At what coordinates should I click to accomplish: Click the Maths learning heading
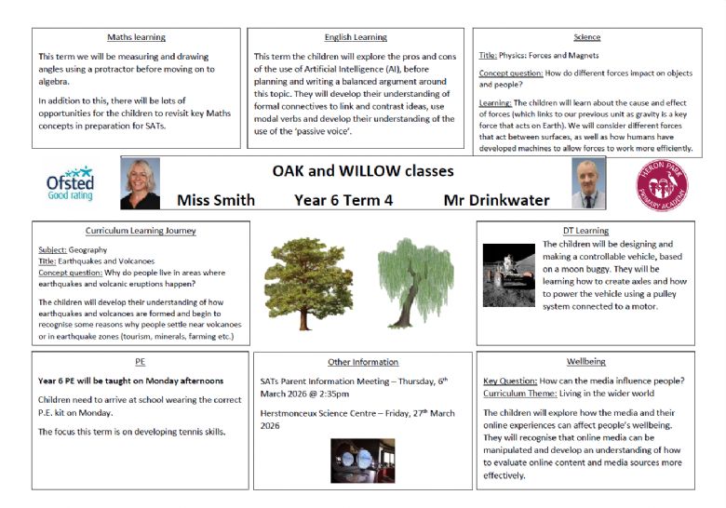(137, 37)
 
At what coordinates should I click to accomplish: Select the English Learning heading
(356, 37)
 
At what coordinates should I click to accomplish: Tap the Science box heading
(586, 37)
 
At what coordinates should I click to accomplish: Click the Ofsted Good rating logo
(70, 183)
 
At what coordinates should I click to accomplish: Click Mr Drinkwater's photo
(587, 183)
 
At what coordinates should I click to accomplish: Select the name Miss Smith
(215, 200)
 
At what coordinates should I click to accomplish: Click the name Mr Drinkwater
(496, 200)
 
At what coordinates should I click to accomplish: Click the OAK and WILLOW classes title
(363, 171)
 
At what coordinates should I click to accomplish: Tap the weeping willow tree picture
(414, 282)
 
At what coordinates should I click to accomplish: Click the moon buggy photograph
(507, 274)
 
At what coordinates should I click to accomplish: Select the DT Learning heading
(586, 230)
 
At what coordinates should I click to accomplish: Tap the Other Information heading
(363, 362)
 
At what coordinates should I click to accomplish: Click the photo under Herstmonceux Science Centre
(362, 460)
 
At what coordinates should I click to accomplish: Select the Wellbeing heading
(585, 361)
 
